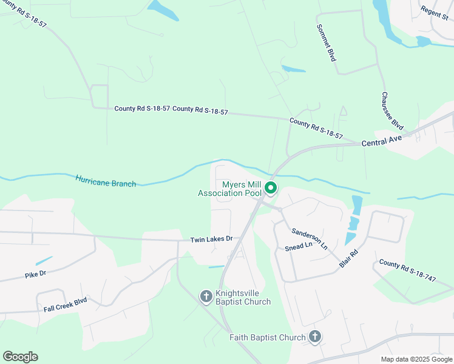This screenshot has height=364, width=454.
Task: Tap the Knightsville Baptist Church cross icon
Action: coord(206,296)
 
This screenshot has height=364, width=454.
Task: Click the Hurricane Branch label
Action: coord(106,181)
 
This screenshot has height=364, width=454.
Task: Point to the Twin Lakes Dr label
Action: coord(211,239)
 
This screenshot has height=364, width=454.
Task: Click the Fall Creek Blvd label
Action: coord(65,305)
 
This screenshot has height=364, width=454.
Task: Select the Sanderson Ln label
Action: coord(310,239)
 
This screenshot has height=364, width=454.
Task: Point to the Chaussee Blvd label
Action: coord(393,111)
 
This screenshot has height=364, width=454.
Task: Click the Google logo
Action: coord(20,357)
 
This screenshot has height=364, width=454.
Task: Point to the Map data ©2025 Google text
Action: coord(417,359)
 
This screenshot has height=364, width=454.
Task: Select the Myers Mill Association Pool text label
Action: coord(229,189)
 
